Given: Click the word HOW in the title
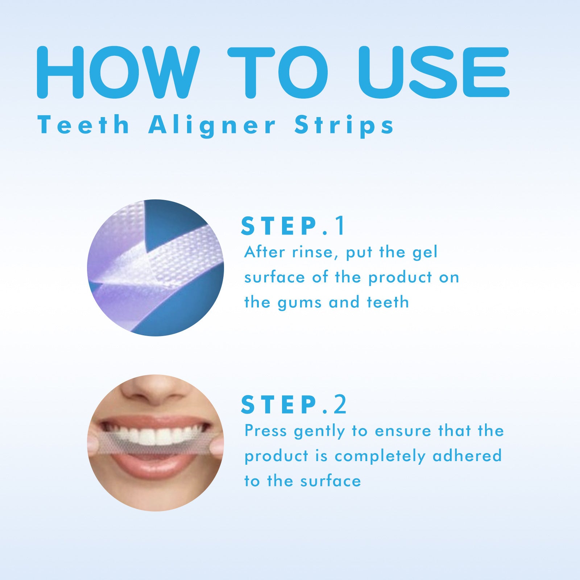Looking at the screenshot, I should [x=118, y=72].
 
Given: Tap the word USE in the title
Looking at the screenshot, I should [x=433, y=72].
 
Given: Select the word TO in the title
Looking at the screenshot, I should [x=277, y=72].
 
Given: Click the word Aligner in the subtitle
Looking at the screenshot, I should [x=212, y=126].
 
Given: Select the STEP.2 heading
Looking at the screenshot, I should [x=294, y=405].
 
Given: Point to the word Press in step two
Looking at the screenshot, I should [x=266, y=431].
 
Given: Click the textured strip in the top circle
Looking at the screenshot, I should [x=181, y=254].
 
